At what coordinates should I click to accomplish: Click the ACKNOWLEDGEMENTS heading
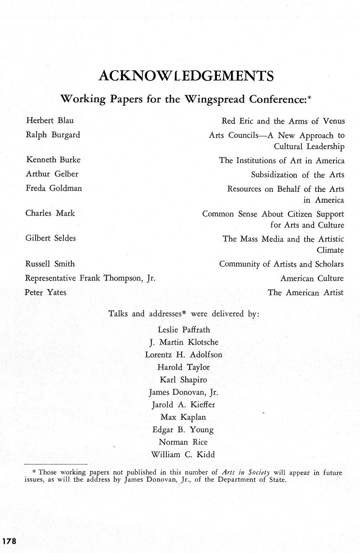[x=186, y=76]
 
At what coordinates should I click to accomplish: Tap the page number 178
[x=9, y=541]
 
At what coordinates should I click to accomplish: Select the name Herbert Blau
[x=50, y=120]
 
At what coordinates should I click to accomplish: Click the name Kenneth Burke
[x=53, y=159]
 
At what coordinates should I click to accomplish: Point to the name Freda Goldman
[x=54, y=188]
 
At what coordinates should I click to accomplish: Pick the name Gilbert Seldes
[x=51, y=238]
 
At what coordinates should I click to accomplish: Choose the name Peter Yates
[x=45, y=292]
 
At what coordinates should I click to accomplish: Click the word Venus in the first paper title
[x=334, y=121]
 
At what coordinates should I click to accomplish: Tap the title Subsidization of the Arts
[x=297, y=175]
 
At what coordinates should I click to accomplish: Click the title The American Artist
[x=305, y=293]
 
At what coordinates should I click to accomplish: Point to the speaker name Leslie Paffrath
[x=184, y=330]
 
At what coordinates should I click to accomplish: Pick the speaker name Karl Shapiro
[x=184, y=379]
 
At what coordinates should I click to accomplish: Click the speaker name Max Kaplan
[x=183, y=417]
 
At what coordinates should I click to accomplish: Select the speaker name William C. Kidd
[x=183, y=454]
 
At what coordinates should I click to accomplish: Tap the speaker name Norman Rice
[x=183, y=442]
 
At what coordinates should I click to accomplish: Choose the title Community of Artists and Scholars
[x=281, y=264]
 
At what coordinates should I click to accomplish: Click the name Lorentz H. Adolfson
[x=183, y=355]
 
